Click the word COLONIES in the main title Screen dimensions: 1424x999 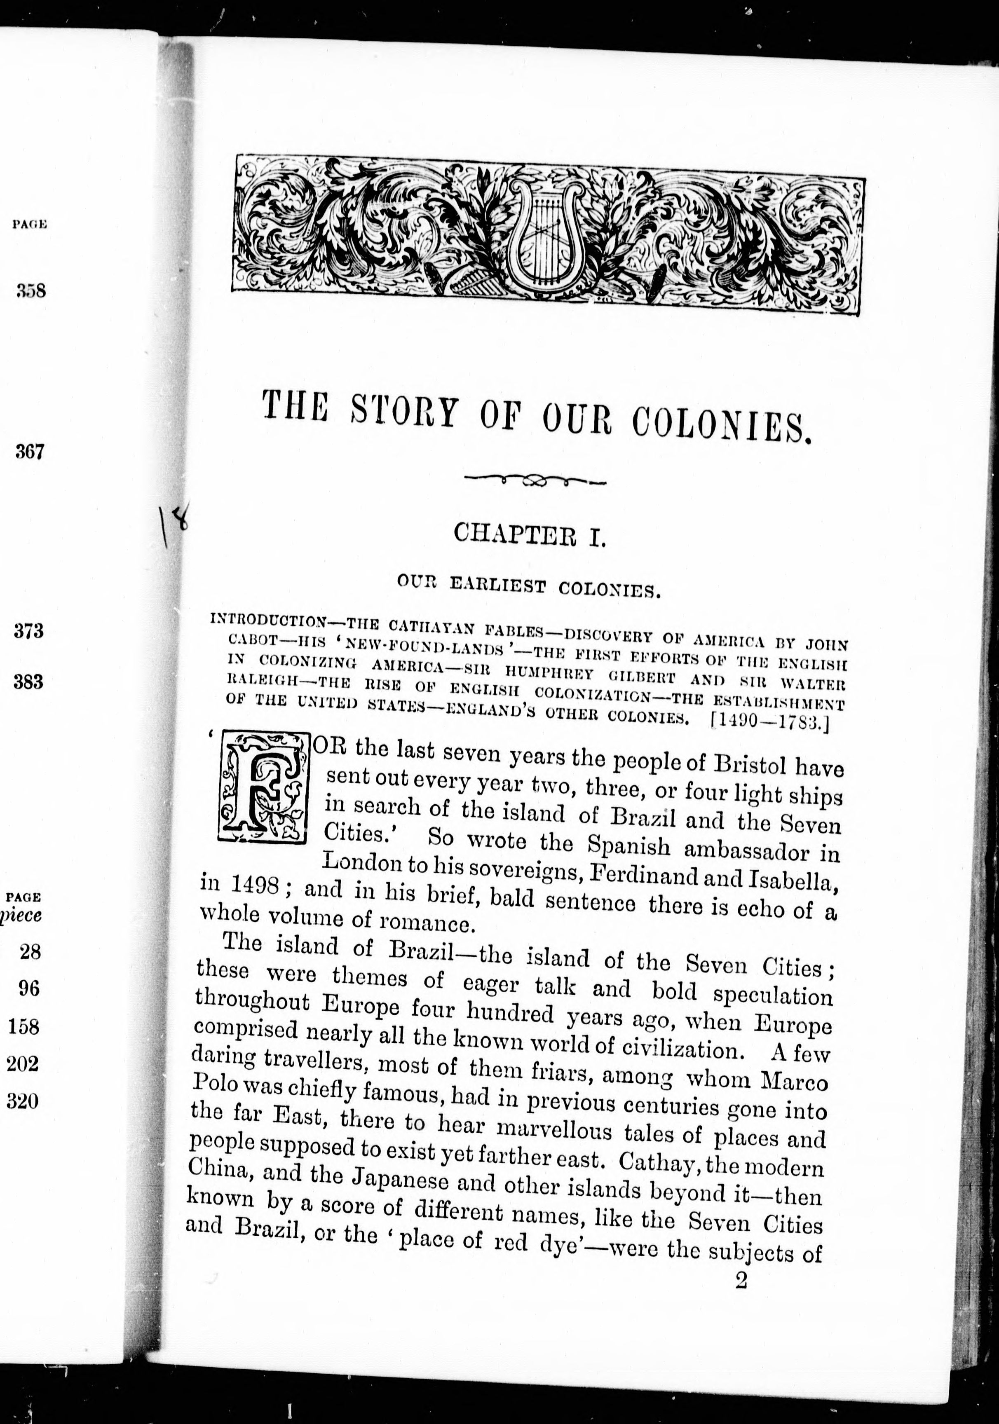(721, 422)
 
